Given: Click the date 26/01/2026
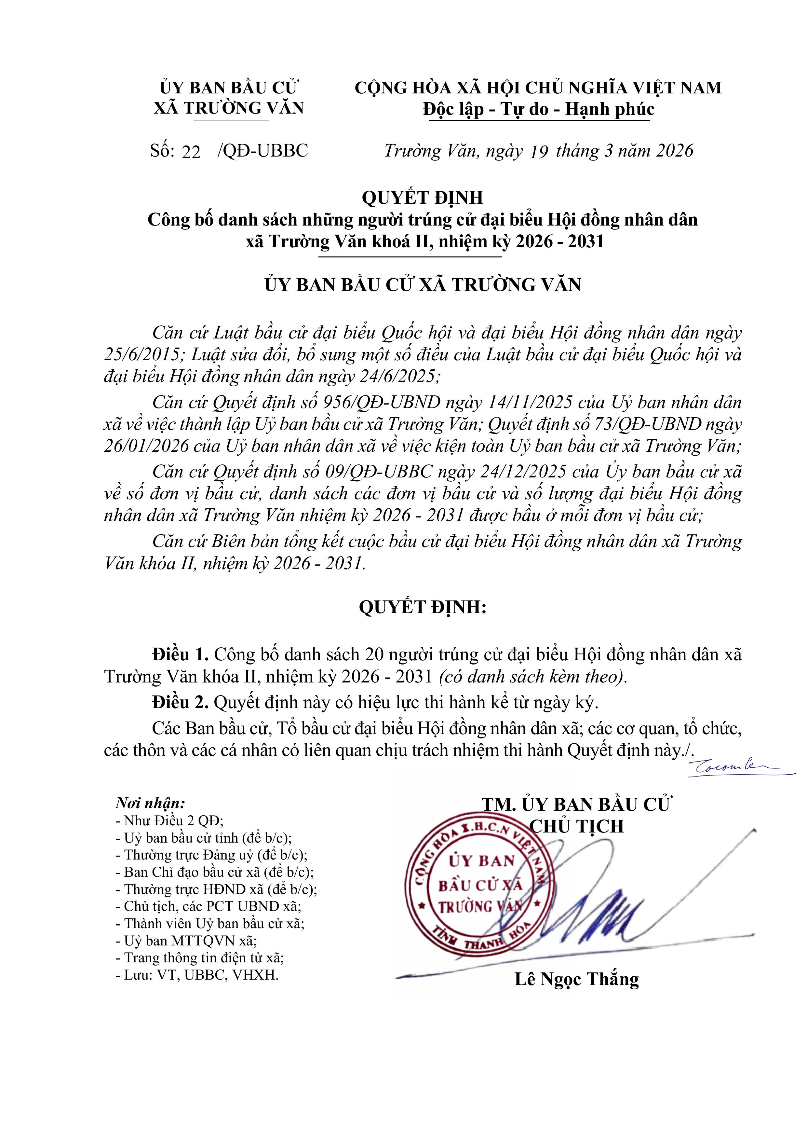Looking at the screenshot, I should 146,446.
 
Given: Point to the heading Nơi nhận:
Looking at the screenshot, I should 150,803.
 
